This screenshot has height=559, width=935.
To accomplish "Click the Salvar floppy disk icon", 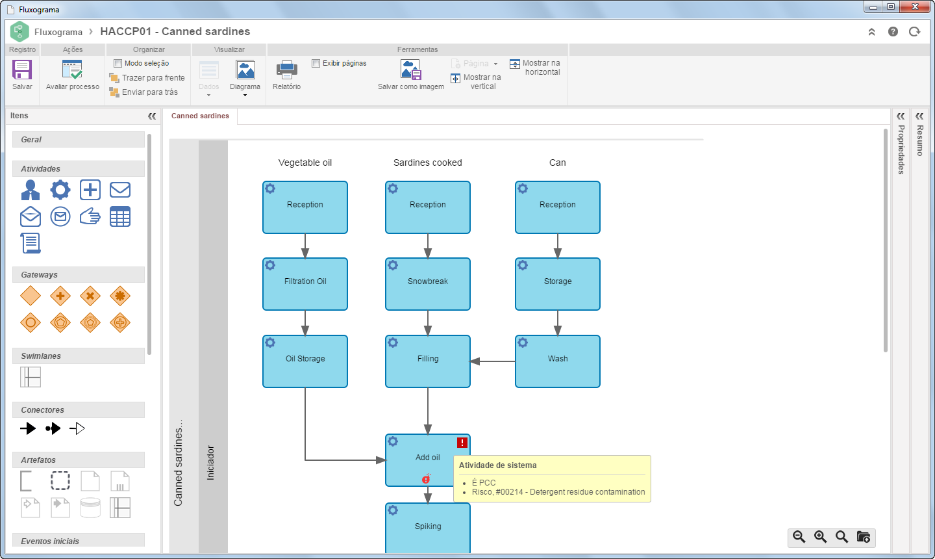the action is click(x=21, y=70).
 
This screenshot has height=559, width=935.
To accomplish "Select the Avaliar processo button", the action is click(x=72, y=75).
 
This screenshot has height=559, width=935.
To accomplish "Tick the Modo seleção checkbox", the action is click(x=118, y=63).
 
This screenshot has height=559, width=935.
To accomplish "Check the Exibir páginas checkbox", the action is click(x=316, y=63).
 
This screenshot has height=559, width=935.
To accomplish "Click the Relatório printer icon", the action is click(x=287, y=70).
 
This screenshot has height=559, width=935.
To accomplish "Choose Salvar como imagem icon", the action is click(x=411, y=70).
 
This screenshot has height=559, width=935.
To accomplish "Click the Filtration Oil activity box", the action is click(x=305, y=284).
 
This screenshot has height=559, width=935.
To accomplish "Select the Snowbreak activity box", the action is click(x=428, y=284).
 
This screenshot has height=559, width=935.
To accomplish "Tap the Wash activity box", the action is click(x=558, y=361).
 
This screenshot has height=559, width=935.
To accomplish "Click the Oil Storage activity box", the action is click(x=305, y=361).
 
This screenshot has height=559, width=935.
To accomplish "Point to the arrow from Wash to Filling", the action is click(x=493, y=361).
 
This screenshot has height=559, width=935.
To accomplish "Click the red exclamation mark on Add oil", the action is click(x=462, y=443).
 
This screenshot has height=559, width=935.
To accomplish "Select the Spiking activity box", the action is click(x=428, y=528).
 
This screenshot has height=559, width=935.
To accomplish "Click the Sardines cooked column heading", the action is click(x=427, y=162).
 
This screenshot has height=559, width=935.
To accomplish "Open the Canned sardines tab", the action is click(x=200, y=116).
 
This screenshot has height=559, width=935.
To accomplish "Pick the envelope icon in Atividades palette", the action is click(x=119, y=190).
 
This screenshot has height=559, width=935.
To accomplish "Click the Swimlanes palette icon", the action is click(x=31, y=377).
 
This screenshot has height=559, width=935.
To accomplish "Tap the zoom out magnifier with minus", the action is click(x=799, y=537).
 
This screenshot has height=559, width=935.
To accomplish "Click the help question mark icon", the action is click(x=893, y=32).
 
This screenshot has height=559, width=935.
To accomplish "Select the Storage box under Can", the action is click(x=558, y=284).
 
